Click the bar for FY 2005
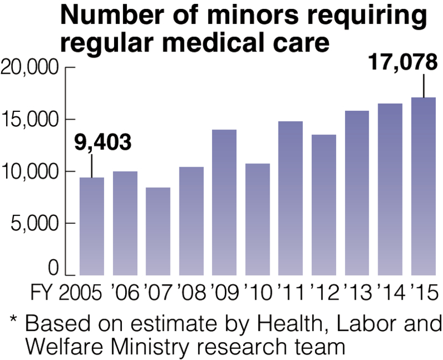click(x=92, y=226)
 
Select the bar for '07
click(x=158, y=231)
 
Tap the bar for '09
click(x=224, y=202)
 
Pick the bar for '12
click(x=324, y=205)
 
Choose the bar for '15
click(x=424, y=186)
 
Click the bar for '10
click(x=257, y=219)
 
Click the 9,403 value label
click(x=103, y=143)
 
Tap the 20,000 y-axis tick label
click(x=30, y=68)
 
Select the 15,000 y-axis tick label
click(x=30, y=120)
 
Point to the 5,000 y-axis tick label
click(x=34, y=223)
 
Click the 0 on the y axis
click(x=53, y=268)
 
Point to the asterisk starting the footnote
click(x=13, y=321)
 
